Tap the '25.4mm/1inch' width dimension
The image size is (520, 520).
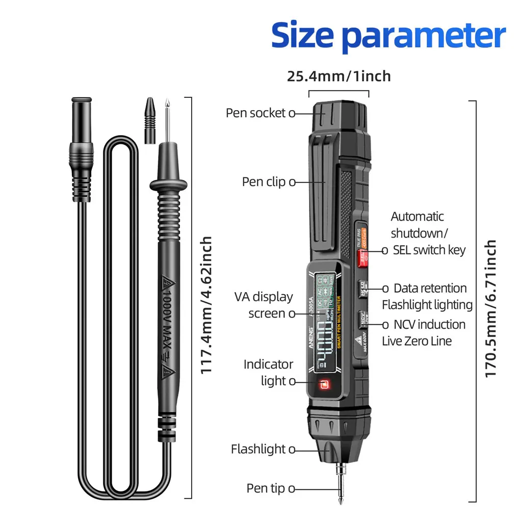339,76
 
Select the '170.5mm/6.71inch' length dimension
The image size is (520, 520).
490,309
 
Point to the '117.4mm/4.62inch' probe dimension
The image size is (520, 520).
205,305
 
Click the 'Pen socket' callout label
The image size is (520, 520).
256,113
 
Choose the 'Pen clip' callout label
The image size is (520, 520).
264,182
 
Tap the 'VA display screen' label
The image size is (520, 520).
264,305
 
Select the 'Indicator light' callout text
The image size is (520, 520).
268,373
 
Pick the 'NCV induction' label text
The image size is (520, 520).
429,325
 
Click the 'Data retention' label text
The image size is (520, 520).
430,289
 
